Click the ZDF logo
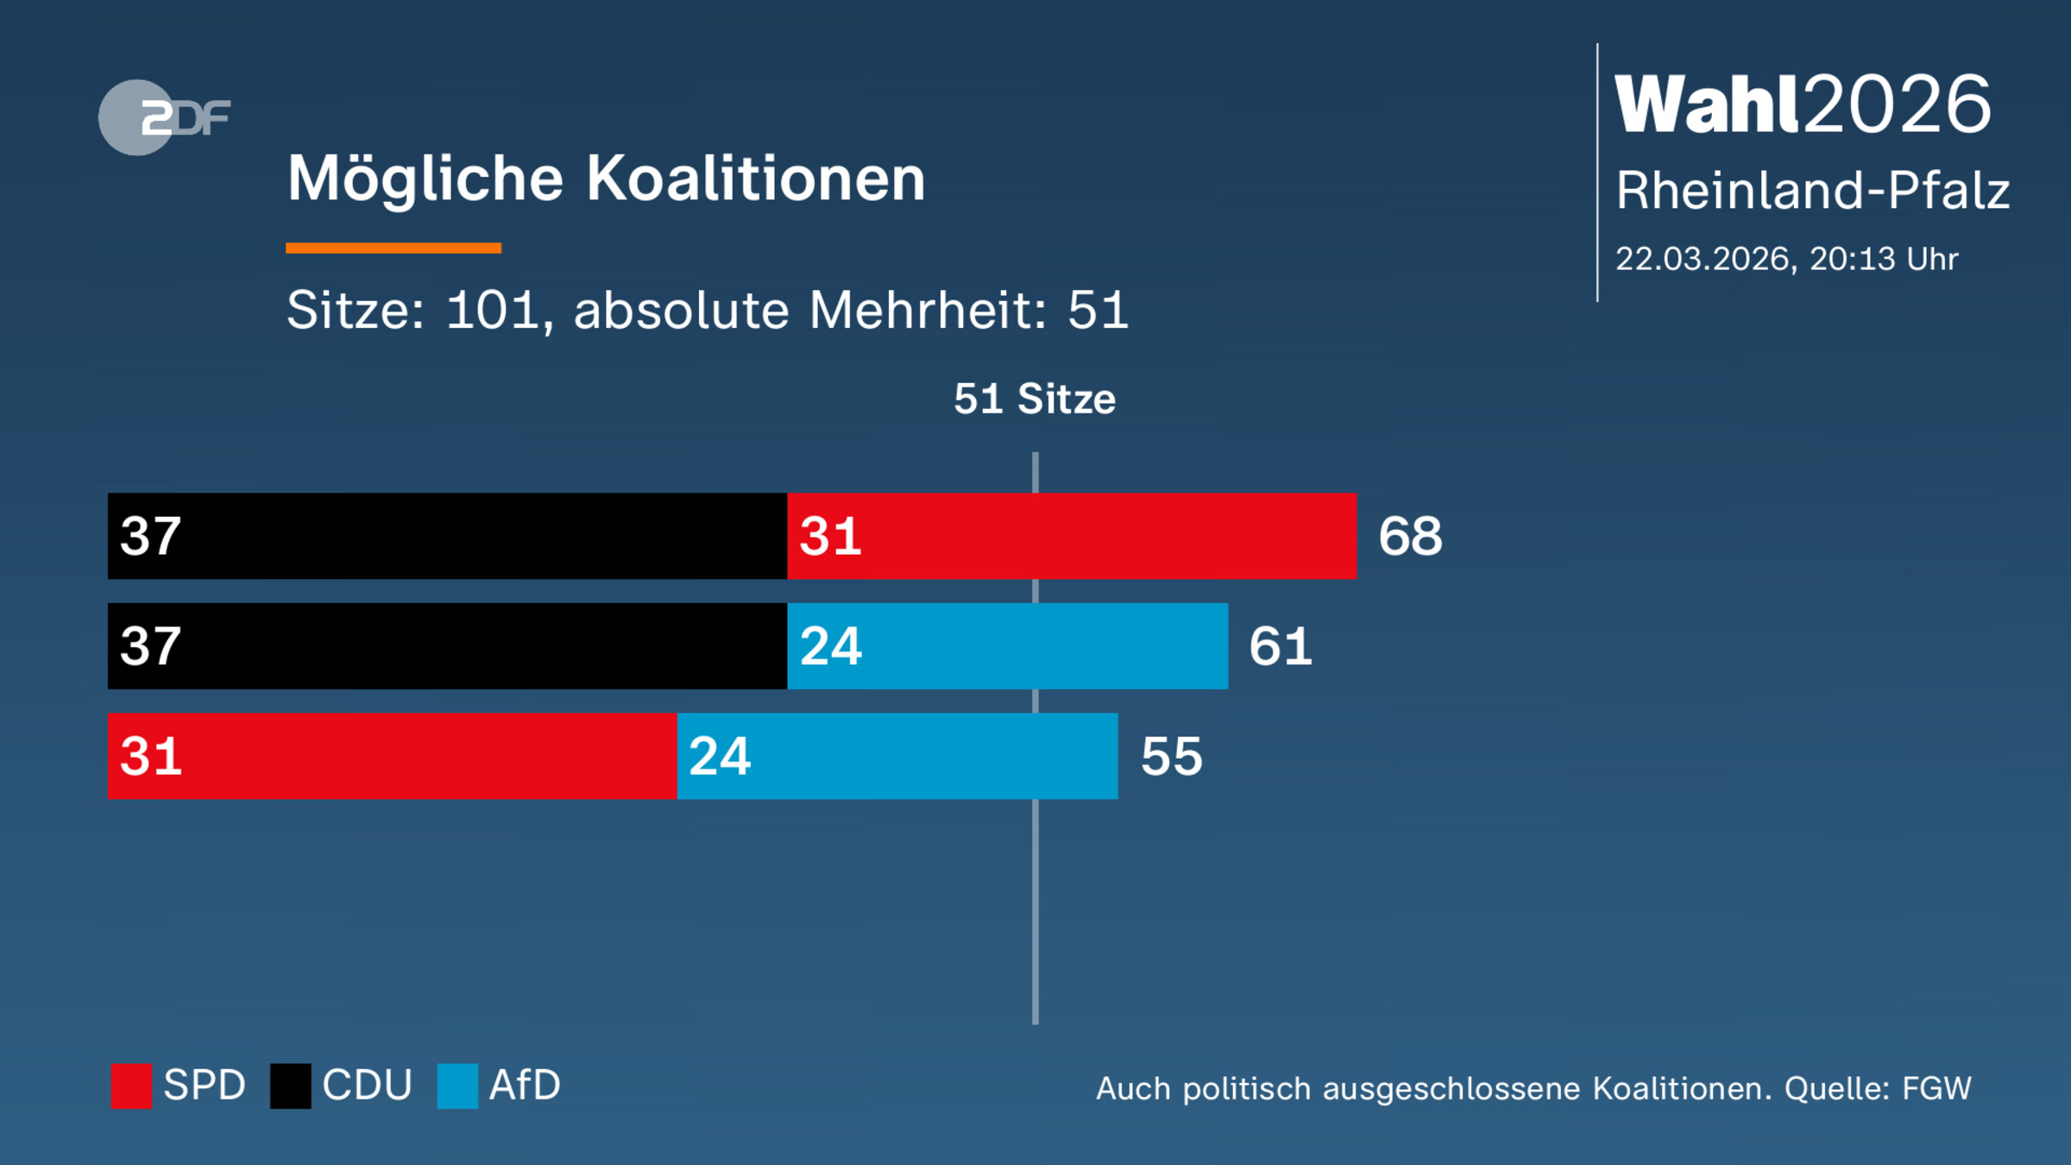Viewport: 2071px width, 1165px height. (x=164, y=117)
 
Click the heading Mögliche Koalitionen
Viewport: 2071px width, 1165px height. (x=606, y=179)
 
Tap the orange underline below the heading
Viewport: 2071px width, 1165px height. (x=393, y=249)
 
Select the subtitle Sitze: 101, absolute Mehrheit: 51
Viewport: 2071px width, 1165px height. (x=707, y=310)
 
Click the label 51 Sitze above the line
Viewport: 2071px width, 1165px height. (x=1034, y=399)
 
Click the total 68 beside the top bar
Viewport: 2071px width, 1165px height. (x=1409, y=536)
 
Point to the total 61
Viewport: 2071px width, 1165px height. (x=1280, y=646)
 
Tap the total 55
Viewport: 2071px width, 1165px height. (x=1171, y=757)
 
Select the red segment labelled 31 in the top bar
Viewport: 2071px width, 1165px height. (x=1072, y=536)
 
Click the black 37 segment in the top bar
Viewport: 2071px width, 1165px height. (x=447, y=536)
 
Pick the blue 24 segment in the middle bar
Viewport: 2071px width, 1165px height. (x=1007, y=646)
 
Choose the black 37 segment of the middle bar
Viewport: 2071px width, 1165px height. (x=447, y=646)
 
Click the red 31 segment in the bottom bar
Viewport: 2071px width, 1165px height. (x=392, y=756)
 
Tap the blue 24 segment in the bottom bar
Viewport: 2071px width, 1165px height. (x=897, y=756)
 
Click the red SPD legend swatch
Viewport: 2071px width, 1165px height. (x=131, y=1086)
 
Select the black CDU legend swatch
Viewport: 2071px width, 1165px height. (x=291, y=1086)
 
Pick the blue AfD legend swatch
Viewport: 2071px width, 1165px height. (x=457, y=1086)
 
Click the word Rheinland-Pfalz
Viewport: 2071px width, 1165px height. (x=1812, y=190)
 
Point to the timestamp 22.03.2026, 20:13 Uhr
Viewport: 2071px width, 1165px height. (x=1786, y=259)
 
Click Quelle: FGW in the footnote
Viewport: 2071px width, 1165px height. (x=1878, y=1089)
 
